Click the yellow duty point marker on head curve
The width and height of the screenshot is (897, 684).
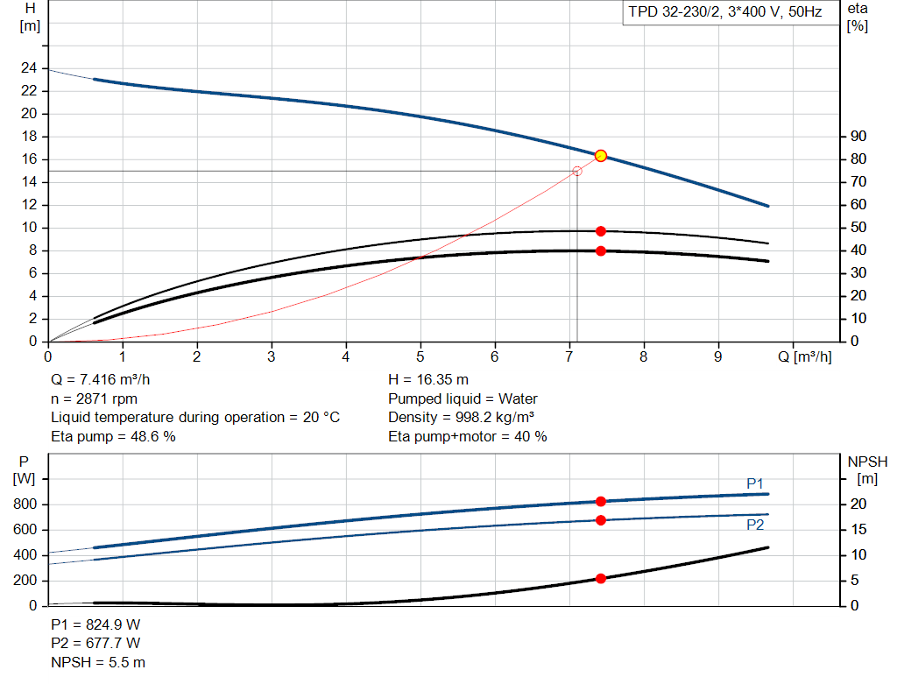pos(601,156)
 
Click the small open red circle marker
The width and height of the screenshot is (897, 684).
pos(576,172)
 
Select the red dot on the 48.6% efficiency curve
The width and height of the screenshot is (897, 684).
pos(601,231)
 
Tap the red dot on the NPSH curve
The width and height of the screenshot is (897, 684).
pos(601,579)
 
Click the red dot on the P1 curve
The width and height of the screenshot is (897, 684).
pos(601,502)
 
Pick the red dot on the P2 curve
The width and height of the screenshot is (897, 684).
pos(601,520)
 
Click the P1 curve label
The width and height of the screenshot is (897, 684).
pos(755,483)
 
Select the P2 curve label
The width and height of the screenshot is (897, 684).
pos(755,525)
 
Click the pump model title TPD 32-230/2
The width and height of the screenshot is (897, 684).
pos(724,12)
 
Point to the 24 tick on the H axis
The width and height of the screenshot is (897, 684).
pos(30,68)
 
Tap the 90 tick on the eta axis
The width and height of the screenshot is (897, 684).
pos(858,137)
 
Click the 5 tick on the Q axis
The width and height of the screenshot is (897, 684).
pos(420,357)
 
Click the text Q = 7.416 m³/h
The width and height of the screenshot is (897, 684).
pos(107,380)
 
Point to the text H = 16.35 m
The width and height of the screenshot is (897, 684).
pos(428,380)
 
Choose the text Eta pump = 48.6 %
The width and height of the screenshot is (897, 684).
pos(113,436)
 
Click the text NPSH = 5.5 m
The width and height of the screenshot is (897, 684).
pos(98,662)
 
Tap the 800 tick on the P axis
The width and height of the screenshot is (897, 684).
pos(25,504)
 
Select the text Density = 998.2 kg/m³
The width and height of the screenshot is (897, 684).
pos(462,418)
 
